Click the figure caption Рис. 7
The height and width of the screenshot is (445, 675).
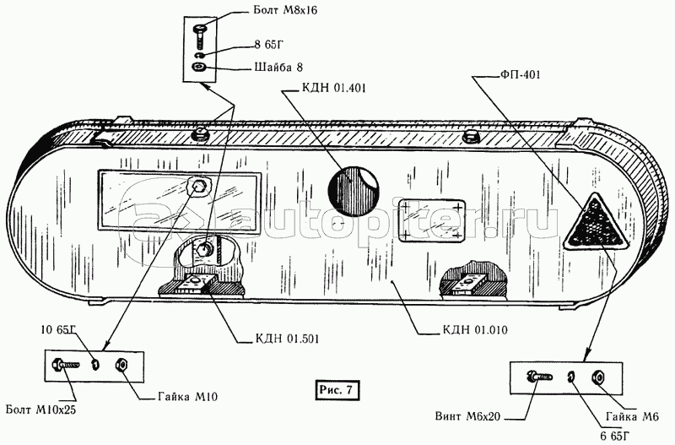(x=337, y=389)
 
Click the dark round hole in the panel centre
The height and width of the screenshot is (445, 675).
(x=351, y=193)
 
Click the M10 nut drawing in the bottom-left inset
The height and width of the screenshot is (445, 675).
(x=120, y=365)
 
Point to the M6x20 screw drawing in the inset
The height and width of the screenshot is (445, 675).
(x=539, y=376)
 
